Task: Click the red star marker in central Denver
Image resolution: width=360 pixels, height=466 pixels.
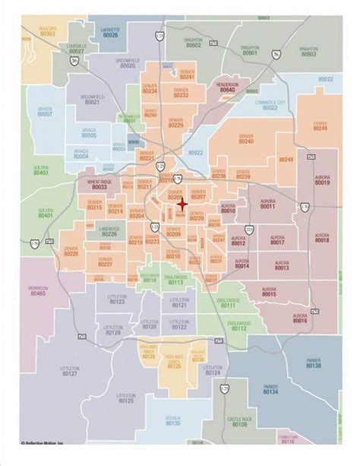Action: pyautogui.click(x=182, y=203)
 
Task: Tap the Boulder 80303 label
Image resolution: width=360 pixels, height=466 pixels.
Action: pyautogui.click(x=47, y=31)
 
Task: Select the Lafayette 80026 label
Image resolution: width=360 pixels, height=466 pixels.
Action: pyautogui.click(x=110, y=33)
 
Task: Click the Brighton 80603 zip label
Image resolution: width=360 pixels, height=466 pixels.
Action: pyautogui.click(x=308, y=51)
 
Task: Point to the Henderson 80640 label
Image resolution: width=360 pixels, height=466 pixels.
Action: pyautogui.click(x=227, y=87)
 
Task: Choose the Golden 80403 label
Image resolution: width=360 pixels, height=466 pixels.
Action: pyautogui.click(x=40, y=170)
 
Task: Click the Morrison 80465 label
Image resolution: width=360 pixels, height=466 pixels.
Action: pyautogui.click(x=38, y=291)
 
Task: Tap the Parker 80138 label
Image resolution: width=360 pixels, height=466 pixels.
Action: pyautogui.click(x=314, y=364)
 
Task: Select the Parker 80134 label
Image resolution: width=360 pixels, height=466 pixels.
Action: pyautogui.click(x=271, y=390)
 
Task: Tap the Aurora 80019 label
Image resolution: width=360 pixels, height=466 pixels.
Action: pyautogui.click(x=322, y=180)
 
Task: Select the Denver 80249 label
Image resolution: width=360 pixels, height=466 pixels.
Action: pyautogui.click(x=320, y=126)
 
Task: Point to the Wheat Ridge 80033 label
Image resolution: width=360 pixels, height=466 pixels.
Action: pyautogui.click(x=99, y=185)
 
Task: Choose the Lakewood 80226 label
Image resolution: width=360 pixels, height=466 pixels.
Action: pyautogui.click(x=109, y=230)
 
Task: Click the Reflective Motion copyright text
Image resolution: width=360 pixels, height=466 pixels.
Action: pyautogui.click(x=46, y=461)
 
